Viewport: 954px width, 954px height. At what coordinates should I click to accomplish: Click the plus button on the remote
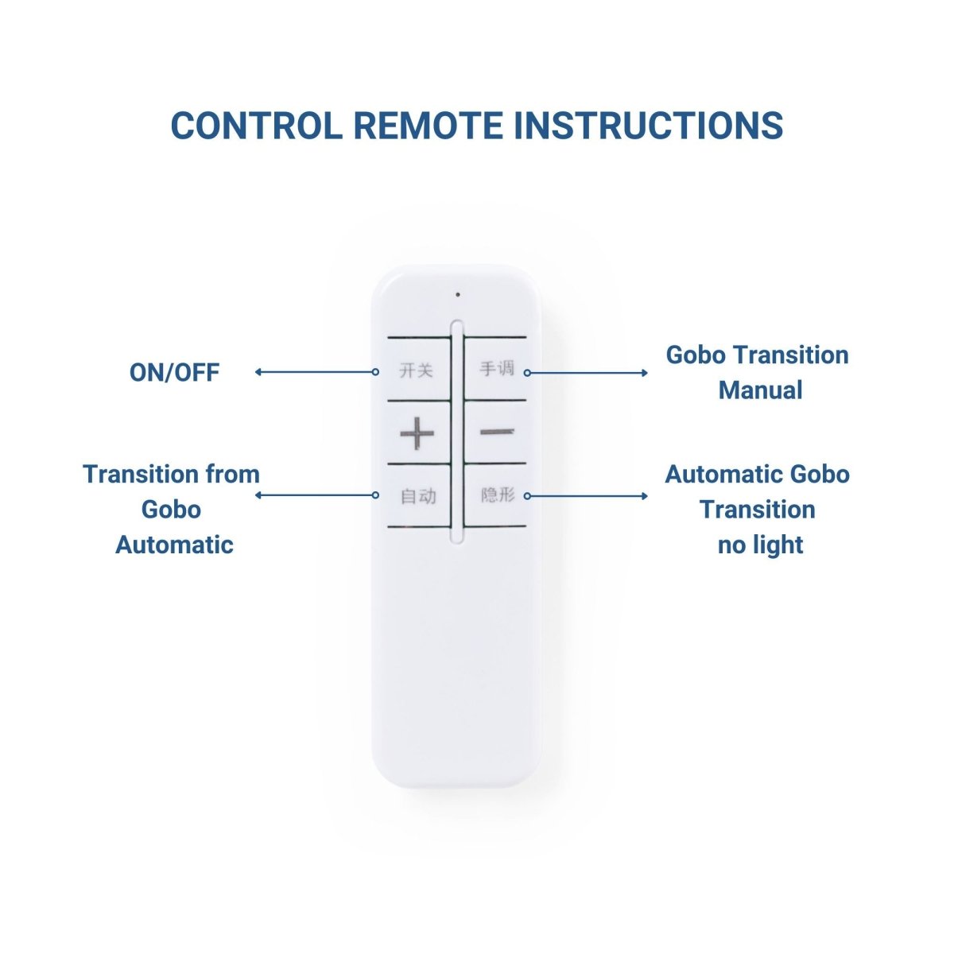click(418, 433)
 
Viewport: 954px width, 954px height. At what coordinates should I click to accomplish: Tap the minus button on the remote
click(495, 432)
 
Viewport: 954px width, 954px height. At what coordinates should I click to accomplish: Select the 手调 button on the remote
click(495, 370)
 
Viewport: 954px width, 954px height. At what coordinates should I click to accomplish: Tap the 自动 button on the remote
click(418, 495)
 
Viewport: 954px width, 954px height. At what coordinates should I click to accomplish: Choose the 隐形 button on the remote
click(495, 495)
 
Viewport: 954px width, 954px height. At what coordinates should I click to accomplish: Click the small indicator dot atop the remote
click(458, 295)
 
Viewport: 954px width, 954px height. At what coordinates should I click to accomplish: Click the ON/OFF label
click(174, 372)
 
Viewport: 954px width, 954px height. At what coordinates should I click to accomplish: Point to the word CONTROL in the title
click(257, 126)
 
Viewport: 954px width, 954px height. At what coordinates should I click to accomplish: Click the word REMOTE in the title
click(429, 126)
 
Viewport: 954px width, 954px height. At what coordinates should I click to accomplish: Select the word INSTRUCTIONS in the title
click(649, 126)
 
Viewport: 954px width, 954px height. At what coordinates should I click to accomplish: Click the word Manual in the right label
click(761, 390)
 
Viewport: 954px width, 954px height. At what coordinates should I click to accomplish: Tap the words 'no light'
click(761, 545)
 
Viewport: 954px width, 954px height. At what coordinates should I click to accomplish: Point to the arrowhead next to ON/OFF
click(258, 372)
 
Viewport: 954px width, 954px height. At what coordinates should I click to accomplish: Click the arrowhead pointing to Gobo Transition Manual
click(645, 373)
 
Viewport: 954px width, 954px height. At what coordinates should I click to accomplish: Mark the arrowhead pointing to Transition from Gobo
click(258, 495)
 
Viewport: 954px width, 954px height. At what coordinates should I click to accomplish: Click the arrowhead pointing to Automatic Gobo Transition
click(645, 496)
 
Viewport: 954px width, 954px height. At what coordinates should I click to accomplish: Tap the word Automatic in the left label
click(174, 545)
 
